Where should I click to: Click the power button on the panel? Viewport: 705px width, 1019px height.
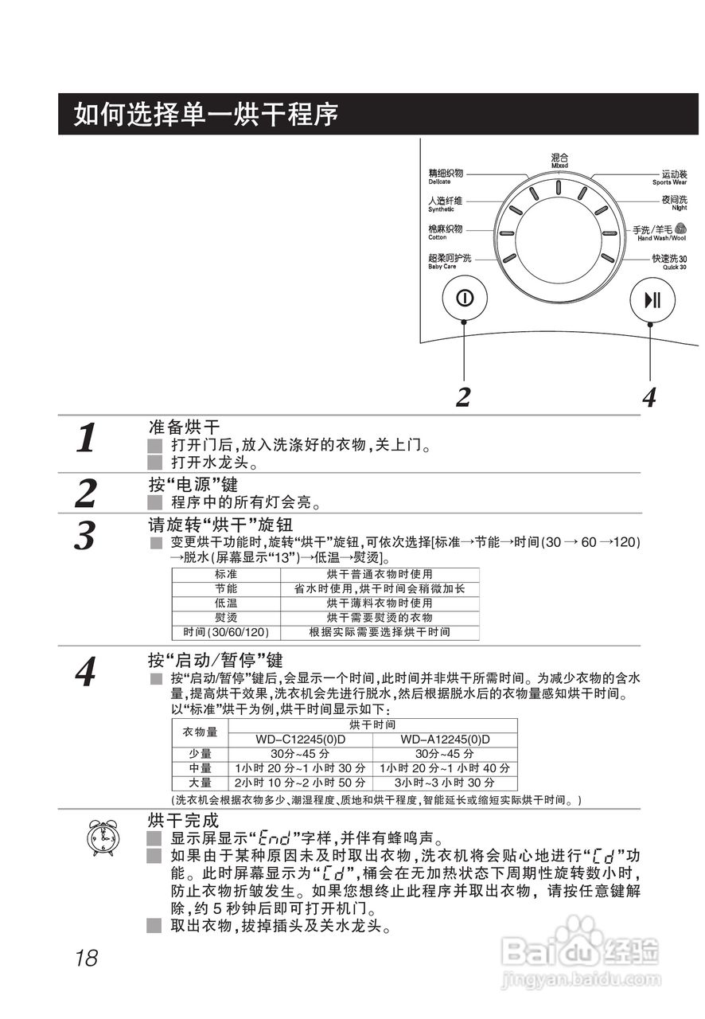464,299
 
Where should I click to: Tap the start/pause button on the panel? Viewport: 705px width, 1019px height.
651,299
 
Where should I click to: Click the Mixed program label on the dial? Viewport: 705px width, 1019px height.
559,161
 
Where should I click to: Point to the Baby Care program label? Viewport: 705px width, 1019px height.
450,262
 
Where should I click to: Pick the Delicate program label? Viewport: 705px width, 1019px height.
445,177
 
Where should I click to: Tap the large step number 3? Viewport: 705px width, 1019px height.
85,536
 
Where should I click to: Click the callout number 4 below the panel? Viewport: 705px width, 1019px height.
649,396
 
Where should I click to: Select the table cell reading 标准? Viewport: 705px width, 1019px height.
225,574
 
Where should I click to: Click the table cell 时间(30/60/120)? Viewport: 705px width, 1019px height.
225,632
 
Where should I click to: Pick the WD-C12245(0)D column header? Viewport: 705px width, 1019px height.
300,740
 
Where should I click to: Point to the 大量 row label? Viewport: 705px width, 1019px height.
200,783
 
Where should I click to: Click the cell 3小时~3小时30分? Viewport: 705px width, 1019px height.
445,783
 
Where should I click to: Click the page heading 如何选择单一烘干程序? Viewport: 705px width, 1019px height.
207,115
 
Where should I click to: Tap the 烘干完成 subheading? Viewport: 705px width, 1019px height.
183,820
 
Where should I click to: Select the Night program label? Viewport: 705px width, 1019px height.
673,203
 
